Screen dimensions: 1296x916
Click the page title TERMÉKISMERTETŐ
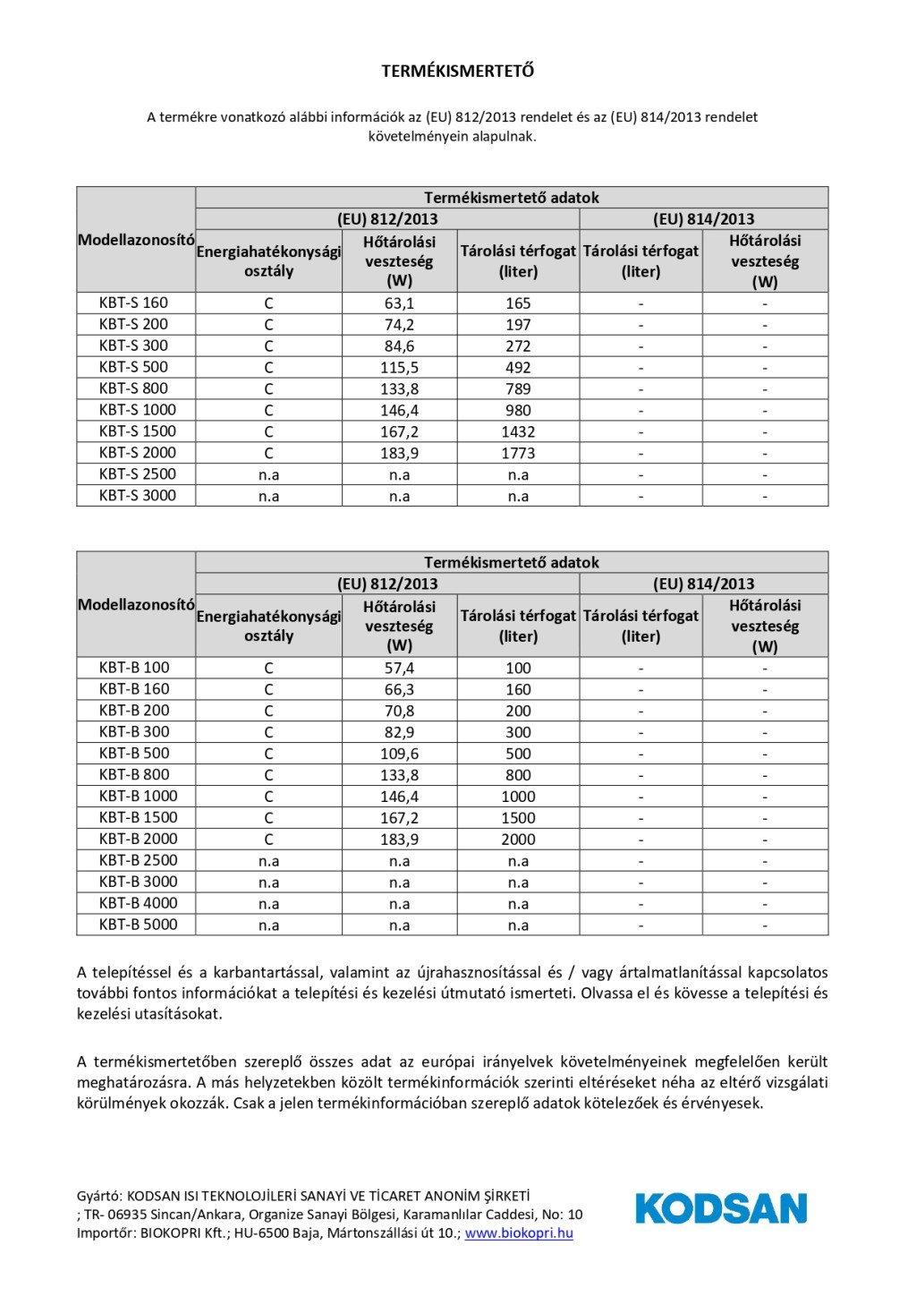457,71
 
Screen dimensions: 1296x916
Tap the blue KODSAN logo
721,1208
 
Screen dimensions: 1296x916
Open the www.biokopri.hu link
519,1233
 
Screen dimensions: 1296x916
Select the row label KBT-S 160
133,303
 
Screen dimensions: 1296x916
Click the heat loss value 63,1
399,303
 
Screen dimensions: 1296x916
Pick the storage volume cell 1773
518,454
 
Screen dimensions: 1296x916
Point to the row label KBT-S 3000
137,495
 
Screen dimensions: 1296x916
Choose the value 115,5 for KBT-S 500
399,368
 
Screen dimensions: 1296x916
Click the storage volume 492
518,368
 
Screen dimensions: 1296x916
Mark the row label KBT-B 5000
138,924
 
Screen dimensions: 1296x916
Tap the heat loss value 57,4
399,669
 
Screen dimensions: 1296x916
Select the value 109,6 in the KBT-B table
399,755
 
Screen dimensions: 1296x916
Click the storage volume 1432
518,432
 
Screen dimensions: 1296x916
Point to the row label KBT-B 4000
138,902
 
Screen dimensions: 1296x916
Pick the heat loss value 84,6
399,346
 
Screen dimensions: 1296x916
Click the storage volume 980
518,411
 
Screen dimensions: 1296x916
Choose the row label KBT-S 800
133,388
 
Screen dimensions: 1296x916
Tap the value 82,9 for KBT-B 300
399,733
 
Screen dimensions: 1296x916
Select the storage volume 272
518,346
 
